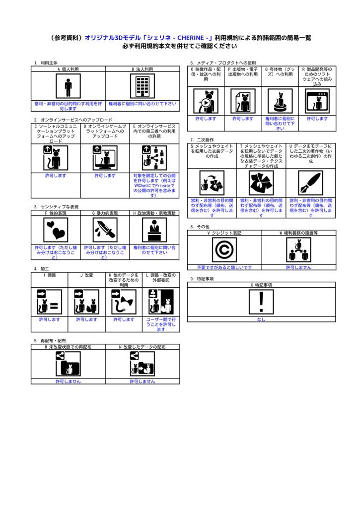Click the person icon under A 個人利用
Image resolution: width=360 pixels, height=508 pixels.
68,87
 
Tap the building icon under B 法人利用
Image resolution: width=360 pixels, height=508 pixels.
143,87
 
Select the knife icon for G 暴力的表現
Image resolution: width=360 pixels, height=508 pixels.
105,229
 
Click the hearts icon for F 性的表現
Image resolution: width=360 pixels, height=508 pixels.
56,229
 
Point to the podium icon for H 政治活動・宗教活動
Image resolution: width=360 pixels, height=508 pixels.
154,229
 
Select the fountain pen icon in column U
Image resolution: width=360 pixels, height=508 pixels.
310,183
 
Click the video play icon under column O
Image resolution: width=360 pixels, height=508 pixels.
206,101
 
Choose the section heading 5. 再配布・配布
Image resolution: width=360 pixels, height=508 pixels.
50,341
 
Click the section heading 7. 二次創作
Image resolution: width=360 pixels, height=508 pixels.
202,140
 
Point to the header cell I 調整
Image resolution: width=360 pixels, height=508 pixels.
50,274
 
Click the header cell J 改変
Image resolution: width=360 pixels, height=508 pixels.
87,274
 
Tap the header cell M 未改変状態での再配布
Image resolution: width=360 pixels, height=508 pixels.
68,347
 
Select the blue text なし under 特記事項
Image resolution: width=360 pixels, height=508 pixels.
261,319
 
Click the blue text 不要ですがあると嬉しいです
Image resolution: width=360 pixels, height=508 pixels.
224,267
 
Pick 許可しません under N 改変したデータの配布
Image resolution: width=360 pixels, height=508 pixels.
143,381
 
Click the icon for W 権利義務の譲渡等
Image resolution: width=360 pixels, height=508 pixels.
298,250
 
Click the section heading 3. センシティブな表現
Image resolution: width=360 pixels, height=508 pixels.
57,206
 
